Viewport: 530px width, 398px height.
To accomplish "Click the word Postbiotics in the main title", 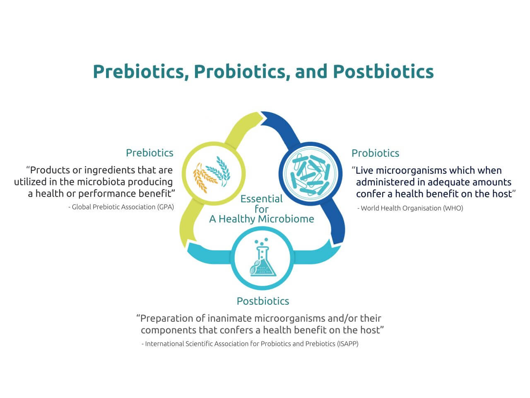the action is (383, 72).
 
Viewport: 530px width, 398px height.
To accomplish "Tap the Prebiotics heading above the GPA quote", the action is (150, 153).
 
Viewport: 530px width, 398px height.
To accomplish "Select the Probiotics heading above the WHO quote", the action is (375, 153).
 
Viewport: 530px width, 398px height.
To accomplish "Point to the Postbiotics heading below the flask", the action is (263, 301).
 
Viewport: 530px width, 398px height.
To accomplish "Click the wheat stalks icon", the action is (212, 174).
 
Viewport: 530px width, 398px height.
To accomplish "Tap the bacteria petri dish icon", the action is (310, 174).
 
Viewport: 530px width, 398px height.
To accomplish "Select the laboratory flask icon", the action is (262, 257).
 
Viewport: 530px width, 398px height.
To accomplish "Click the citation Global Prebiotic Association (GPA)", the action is (123, 207).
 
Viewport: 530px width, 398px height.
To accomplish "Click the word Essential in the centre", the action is (262, 199).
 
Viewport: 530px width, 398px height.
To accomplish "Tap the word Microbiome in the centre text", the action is (286, 219).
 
